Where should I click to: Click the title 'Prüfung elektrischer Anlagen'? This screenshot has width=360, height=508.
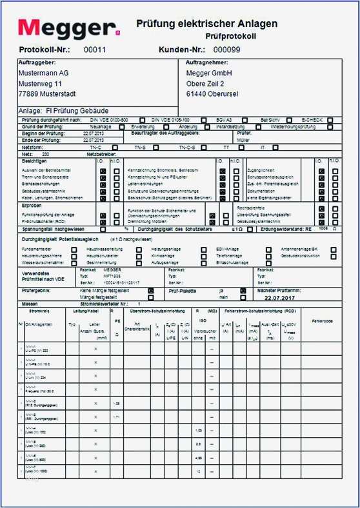pyautogui.click(x=207, y=24)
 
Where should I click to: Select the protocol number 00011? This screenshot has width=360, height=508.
pyautogui.click(x=95, y=50)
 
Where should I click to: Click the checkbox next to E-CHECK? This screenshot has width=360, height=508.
pyautogui.click(x=330, y=120)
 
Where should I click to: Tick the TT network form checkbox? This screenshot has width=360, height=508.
pyautogui.click(x=242, y=148)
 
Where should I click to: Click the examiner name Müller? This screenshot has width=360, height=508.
pyautogui.click(x=244, y=140)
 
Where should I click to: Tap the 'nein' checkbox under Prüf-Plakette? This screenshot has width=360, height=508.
pyautogui.click(x=243, y=297)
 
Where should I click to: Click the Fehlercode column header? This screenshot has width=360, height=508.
pyautogui.click(x=321, y=320)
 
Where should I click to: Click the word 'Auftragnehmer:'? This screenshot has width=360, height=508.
pyautogui.click(x=206, y=63)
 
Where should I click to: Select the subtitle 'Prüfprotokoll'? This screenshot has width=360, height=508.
pyautogui.click(x=231, y=36)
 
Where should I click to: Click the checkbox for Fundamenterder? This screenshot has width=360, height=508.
pyautogui.click(x=74, y=249)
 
